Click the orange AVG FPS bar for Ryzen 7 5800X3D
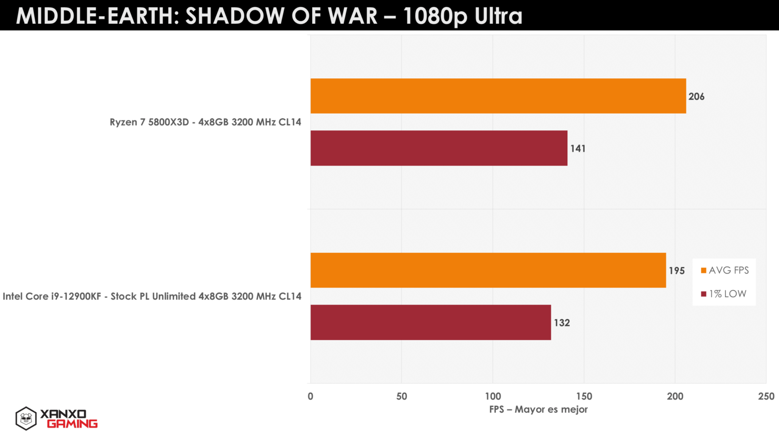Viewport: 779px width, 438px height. [x=498, y=96]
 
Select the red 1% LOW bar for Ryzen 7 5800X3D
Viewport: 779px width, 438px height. [x=439, y=148]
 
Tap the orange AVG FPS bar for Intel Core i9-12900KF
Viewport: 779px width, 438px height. [x=488, y=270]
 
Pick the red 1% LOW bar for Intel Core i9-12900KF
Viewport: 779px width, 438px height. [x=431, y=322]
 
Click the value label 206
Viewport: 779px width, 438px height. [x=696, y=97]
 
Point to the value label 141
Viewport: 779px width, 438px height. [x=578, y=149]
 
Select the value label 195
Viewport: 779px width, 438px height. [x=677, y=271]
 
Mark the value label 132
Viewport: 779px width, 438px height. [x=562, y=323]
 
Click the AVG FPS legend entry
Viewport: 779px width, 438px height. [x=725, y=270]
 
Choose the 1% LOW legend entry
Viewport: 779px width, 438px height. [x=724, y=294]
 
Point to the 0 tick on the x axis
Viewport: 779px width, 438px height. [x=311, y=396]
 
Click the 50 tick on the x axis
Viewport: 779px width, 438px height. [x=402, y=396]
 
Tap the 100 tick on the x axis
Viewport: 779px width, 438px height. [x=493, y=396]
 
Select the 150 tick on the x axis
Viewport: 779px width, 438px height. [x=584, y=396]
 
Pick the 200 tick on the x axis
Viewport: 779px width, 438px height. [x=675, y=396]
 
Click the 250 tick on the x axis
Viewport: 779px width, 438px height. [x=766, y=396]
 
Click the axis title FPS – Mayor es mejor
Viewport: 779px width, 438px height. [x=538, y=410]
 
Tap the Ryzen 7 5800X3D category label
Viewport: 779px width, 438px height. [x=205, y=122]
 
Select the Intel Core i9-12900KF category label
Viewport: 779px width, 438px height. [x=152, y=297]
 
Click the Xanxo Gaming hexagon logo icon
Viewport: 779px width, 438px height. [x=26, y=419]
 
